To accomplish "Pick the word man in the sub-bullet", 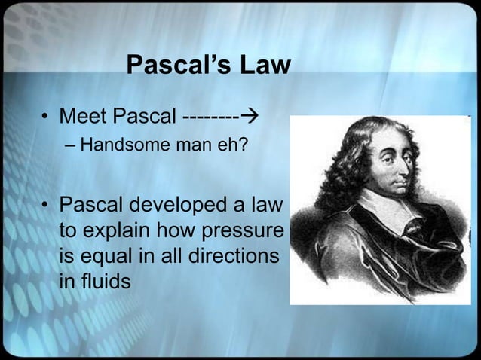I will tap(194, 144).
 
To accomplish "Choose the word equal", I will tap(104, 257).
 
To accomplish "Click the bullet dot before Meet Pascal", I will tap(45, 118).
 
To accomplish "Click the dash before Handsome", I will tap(69, 145).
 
